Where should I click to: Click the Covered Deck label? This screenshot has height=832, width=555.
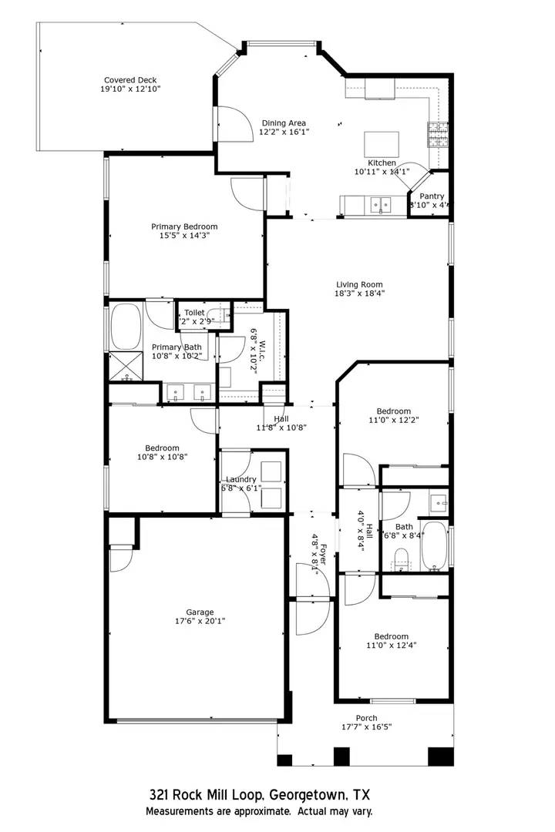coord(130,80)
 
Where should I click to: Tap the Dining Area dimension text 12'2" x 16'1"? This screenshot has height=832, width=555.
coord(284,132)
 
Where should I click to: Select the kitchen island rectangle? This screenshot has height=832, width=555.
coord(382,144)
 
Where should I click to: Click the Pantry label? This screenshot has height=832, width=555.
coord(432,196)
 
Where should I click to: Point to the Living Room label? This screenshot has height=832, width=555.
coord(359,283)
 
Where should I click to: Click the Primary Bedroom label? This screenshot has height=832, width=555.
coord(184,226)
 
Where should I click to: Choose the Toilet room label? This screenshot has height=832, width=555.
coord(194,313)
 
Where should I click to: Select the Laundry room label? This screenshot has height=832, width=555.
coord(240,479)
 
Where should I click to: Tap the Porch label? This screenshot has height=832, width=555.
coord(366,718)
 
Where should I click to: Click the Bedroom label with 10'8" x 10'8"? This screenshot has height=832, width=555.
coord(162,448)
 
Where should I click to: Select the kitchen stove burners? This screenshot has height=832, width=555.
coord(437,135)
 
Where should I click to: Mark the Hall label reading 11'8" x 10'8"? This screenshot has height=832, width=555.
coord(282,418)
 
